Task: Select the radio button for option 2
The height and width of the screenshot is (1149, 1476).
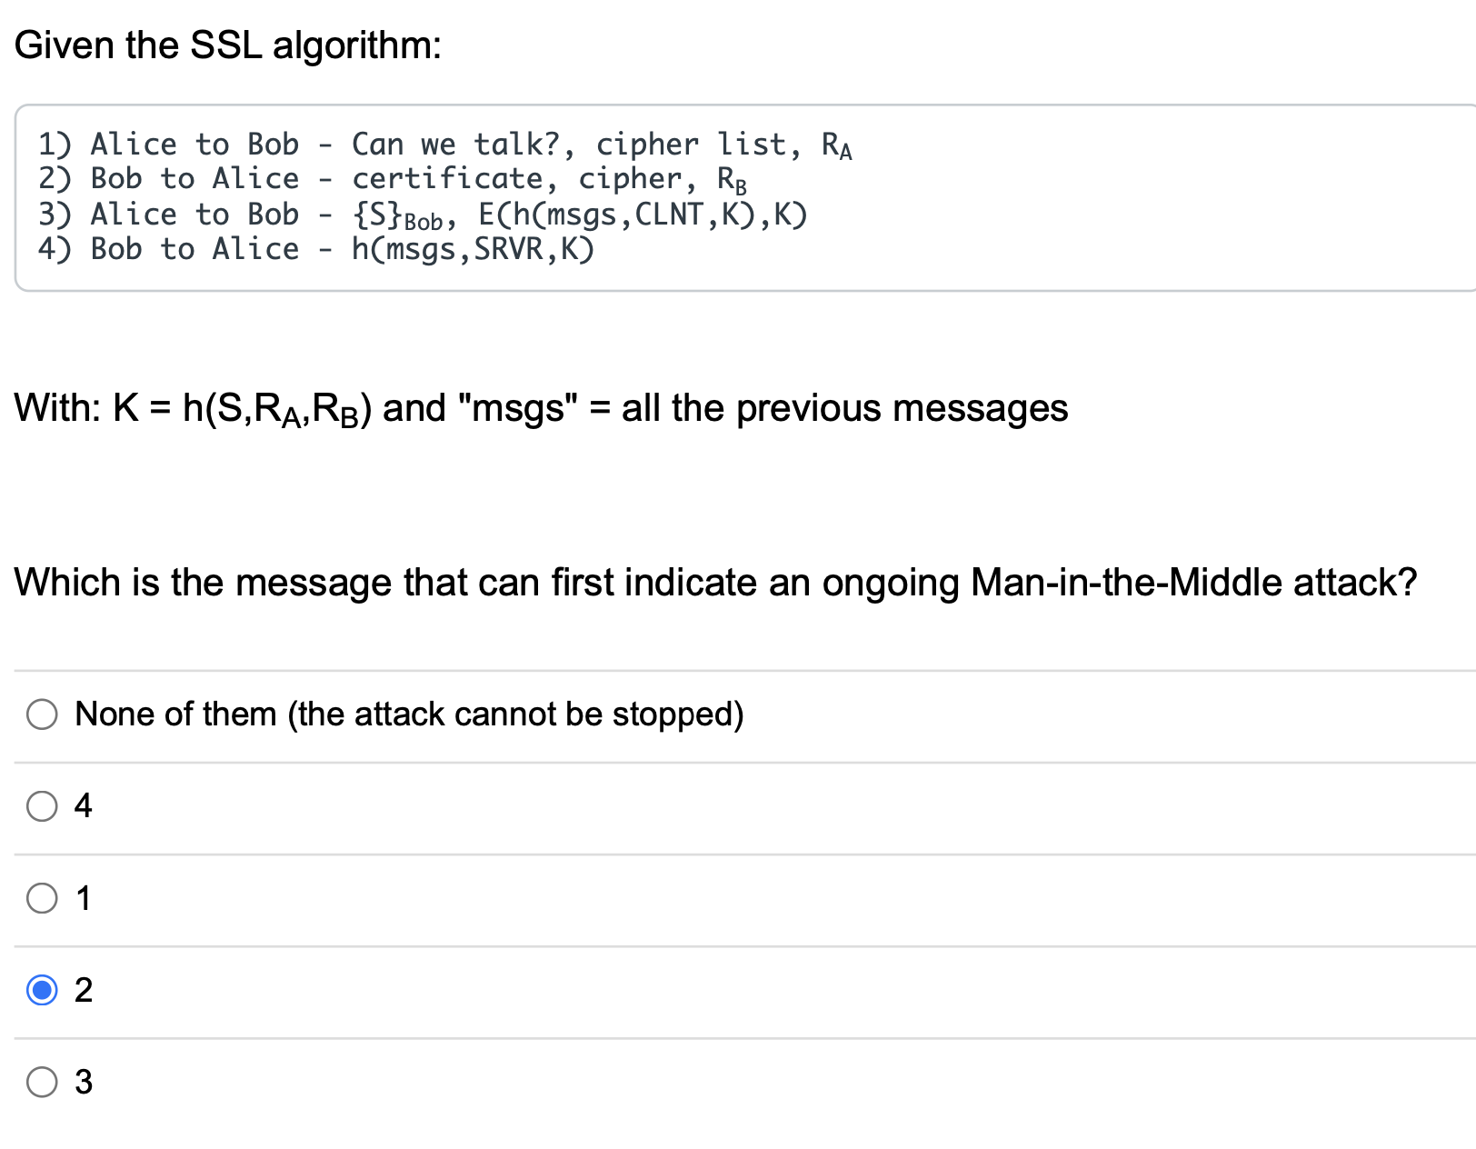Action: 42,989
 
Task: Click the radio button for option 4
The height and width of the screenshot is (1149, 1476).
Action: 42,805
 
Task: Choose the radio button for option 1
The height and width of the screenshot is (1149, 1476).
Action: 42,898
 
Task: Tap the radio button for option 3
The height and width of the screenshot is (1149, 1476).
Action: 42,1082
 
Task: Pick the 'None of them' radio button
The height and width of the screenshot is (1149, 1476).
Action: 42,714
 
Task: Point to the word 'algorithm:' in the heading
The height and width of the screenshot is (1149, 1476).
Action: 357,45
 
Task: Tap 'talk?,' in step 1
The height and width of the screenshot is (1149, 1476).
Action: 525,145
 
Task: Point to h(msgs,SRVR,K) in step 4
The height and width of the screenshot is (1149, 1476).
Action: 473,249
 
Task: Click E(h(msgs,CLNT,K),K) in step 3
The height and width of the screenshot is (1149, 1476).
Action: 643,215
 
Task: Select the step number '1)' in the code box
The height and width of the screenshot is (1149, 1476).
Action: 55,145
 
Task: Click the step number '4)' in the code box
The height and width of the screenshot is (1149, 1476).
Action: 55,249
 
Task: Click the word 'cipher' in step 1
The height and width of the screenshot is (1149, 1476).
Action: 647,145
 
